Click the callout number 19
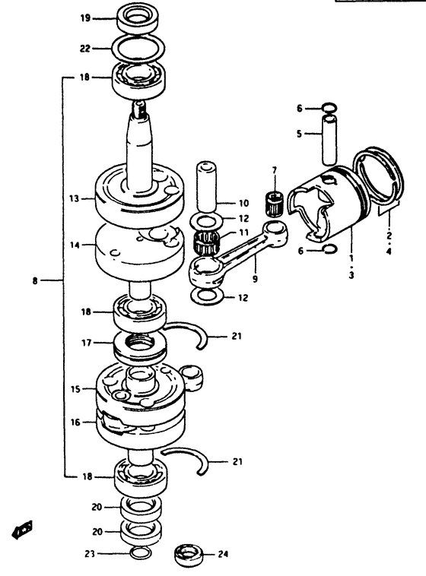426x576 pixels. coord(85,18)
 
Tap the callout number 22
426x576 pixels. coord(85,48)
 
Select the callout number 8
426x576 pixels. coord(34,281)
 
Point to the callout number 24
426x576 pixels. coord(223,554)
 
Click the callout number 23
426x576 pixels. coord(91,554)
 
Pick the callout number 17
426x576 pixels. coord(87,343)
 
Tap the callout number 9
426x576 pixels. coord(255,279)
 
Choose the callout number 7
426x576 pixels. coord(275,170)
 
